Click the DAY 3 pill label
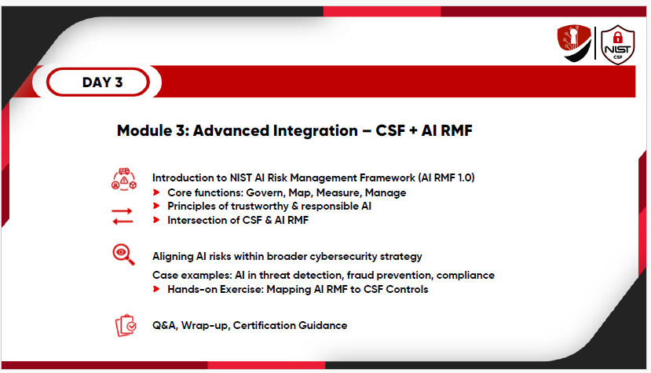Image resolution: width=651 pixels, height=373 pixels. [x=98, y=82]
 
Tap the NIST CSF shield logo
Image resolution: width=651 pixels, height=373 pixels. [x=618, y=45]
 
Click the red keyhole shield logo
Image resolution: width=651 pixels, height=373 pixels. [x=574, y=42]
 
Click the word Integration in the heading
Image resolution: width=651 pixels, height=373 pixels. [x=315, y=131]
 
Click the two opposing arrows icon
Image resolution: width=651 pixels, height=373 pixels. [x=123, y=216]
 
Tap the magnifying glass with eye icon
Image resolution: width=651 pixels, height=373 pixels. [x=123, y=254]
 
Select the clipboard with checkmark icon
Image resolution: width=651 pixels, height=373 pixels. [x=126, y=325]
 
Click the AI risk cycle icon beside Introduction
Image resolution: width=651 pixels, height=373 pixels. [x=124, y=180]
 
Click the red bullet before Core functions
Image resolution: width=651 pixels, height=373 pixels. [x=156, y=192]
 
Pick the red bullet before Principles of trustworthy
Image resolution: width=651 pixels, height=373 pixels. [x=156, y=206]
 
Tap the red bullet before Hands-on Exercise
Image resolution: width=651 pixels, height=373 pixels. [x=156, y=289]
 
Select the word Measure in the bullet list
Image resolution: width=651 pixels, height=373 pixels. [x=338, y=192]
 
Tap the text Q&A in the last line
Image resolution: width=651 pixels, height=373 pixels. [x=165, y=325]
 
